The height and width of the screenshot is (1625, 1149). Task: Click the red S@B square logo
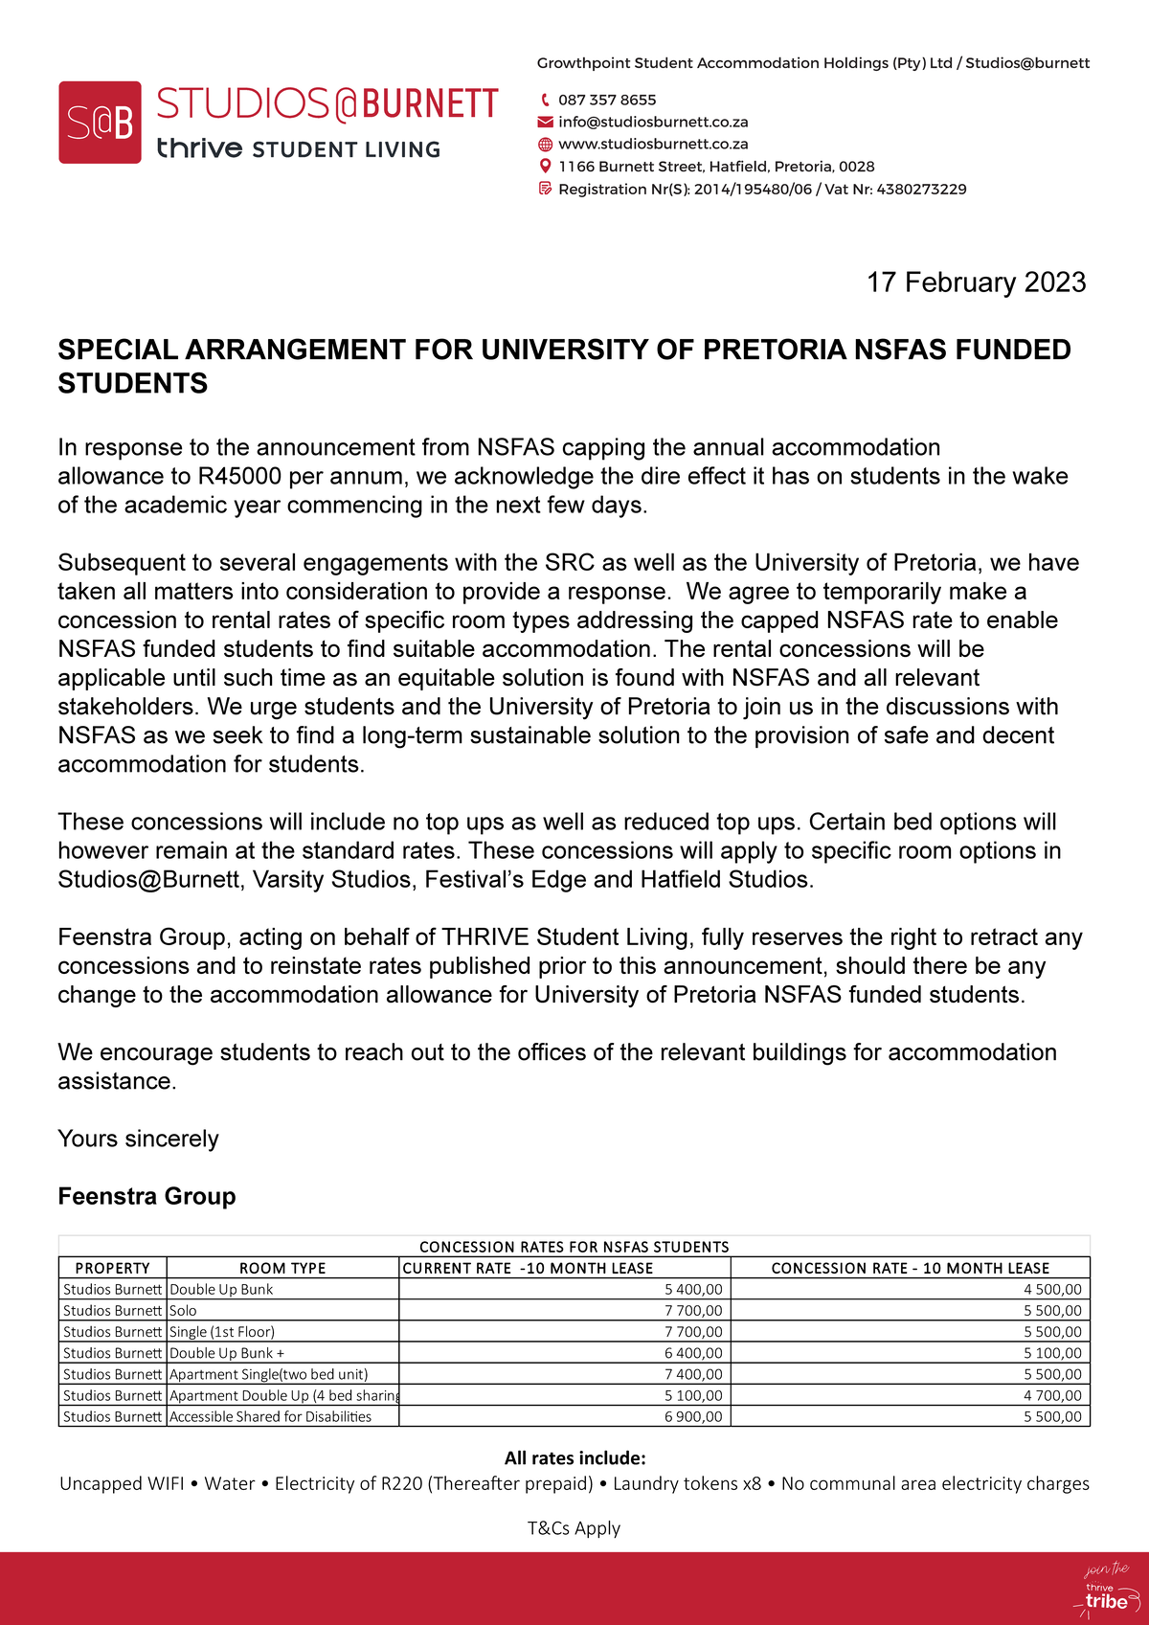click(100, 123)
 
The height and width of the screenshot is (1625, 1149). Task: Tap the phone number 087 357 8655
click(607, 100)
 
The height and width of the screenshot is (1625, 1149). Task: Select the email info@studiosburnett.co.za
click(653, 122)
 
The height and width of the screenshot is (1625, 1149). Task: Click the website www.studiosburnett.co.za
click(653, 144)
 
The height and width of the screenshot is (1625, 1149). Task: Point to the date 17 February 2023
click(976, 282)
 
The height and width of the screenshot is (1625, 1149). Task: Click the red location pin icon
click(545, 167)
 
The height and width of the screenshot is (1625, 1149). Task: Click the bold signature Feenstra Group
click(146, 1196)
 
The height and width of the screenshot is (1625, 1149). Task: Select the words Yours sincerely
click(138, 1139)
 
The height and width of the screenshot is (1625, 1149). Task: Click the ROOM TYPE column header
click(282, 1268)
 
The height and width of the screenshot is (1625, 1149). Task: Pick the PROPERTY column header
click(112, 1268)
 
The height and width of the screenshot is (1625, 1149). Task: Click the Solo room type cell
click(184, 1311)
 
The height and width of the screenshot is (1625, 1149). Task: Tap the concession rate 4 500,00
click(1052, 1290)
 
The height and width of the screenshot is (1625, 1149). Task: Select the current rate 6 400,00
click(693, 1353)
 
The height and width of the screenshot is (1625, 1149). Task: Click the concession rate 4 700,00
click(1052, 1395)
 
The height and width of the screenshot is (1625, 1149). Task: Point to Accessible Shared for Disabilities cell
click(271, 1416)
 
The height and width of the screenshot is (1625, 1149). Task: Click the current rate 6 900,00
click(693, 1416)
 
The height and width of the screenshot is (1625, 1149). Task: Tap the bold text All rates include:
click(574, 1458)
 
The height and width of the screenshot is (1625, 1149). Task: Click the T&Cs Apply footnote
click(574, 1528)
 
